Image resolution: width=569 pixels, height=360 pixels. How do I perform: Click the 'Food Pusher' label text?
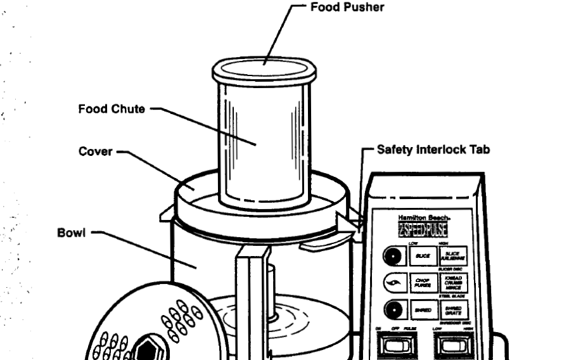pos(347,8)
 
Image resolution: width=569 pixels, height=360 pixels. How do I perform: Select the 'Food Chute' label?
pos(111,109)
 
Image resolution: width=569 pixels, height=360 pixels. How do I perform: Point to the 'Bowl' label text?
pos(70,232)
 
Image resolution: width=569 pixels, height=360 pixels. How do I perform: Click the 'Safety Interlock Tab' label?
pos(433,150)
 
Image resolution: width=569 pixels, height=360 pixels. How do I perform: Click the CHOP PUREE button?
pos(422,283)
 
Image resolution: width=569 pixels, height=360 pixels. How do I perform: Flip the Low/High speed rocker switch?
pos(452,345)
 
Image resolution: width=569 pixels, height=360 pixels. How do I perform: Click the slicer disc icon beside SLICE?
pos(393,256)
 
